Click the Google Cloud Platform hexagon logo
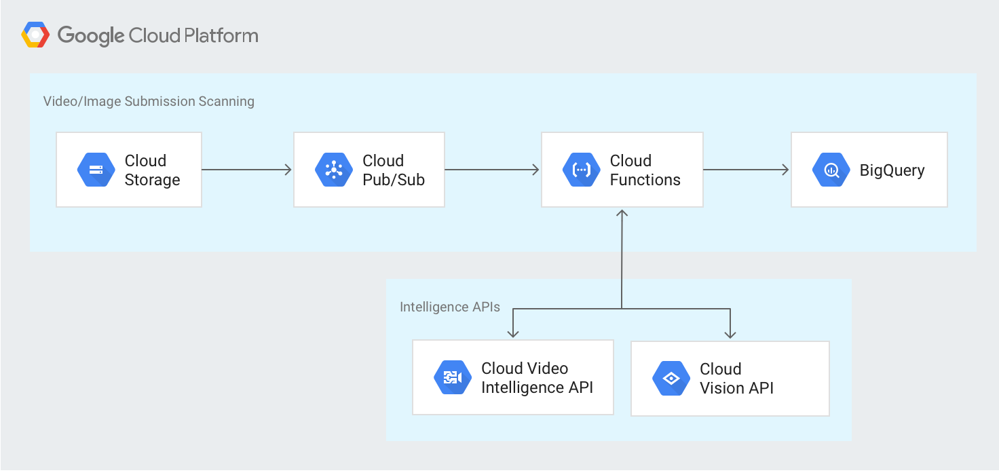(x=35, y=35)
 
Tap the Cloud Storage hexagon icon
(x=96, y=170)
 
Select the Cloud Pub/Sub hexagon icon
(x=334, y=170)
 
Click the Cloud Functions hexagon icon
(x=582, y=170)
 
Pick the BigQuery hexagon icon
(x=831, y=170)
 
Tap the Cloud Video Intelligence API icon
(x=453, y=378)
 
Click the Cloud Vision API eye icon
(x=671, y=379)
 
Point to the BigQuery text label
(x=892, y=170)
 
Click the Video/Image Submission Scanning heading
(x=149, y=101)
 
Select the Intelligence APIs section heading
(x=450, y=307)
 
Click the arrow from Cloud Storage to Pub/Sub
(x=247, y=170)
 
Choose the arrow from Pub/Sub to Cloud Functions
(x=492, y=170)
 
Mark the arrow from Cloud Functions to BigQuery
(x=747, y=170)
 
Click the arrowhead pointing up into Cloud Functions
(x=622, y=213)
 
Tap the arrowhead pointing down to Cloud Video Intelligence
(x=513, y=332)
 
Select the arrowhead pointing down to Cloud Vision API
(x=730, y=332)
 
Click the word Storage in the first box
(x=152, y=180)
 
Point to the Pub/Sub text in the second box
(x=394, y=180)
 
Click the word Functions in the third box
(x=645, y=180)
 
